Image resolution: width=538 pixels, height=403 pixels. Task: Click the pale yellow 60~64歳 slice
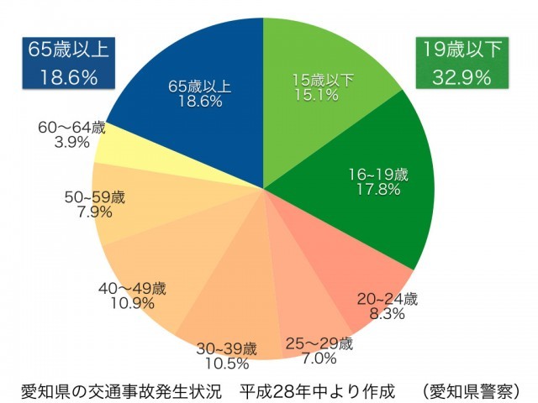(118, 147)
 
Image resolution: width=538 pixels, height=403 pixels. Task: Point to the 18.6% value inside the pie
(200, 102)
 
